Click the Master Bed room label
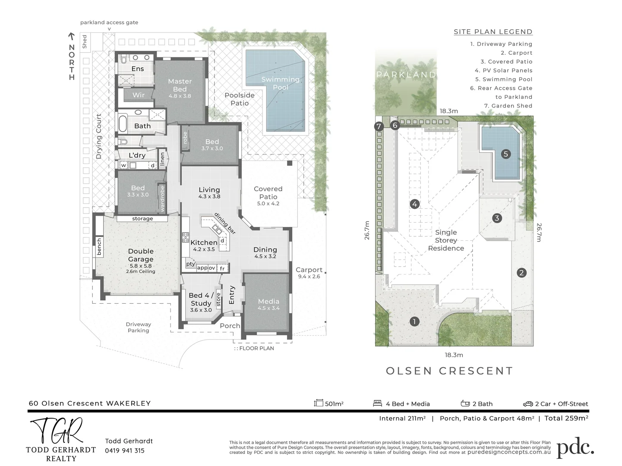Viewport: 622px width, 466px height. (x=180, y=85)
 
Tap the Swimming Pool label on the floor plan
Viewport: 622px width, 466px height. (x=280, y=83)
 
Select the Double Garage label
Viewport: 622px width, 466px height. (x=141, y=255)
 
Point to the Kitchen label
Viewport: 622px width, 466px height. (x=204, y=242)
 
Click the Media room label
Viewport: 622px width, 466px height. (x=268, y=302)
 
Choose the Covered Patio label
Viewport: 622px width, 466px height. (x=268, y=192)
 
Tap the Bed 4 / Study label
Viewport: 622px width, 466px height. (x=201, y=299)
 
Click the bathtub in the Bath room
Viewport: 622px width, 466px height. (x=123, y=124)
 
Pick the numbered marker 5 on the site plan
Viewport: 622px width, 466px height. (x=506, y=154)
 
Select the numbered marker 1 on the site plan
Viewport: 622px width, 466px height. (x=414, y=321)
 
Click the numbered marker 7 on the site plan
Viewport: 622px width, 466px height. (x=379, y=126)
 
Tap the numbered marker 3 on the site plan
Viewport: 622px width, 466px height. (x=497, y=218)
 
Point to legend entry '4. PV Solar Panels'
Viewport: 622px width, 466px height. (x=503, y=70)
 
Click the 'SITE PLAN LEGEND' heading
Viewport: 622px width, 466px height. (x=493, y=31)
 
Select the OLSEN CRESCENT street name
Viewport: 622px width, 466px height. (x=449, y=371)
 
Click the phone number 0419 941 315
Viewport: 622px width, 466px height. (x=125, y=450)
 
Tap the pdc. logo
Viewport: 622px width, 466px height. (x=575, y=449)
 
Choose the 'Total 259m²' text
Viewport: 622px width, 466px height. (x=566, y=418)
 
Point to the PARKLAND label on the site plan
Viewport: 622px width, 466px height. (x=406, y=75)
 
